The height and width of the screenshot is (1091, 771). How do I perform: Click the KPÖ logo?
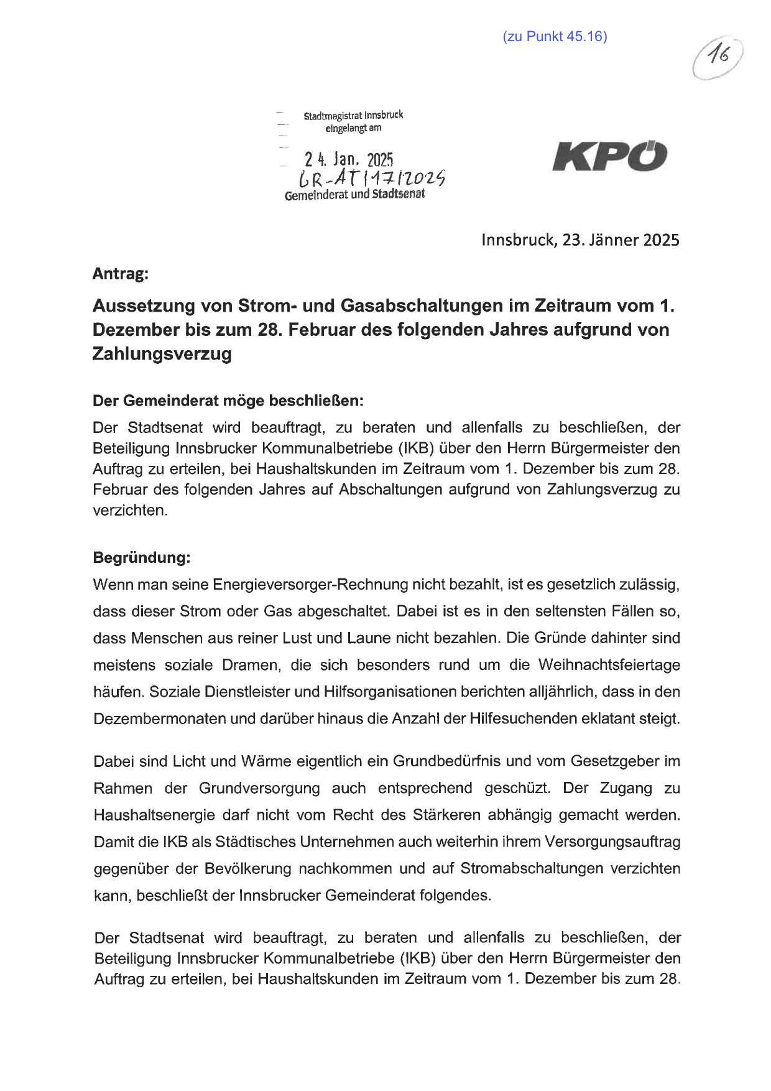609,156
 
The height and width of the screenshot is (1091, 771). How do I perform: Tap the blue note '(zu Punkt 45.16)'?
555,37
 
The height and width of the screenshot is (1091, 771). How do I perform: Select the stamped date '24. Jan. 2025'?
349,160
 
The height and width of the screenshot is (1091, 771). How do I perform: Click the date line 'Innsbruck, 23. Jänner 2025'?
580,240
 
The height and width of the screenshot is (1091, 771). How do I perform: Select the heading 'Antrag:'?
121,274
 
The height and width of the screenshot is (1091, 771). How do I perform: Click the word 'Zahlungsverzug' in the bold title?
162,354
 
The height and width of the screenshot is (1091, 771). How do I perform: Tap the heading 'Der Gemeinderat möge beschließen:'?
228,401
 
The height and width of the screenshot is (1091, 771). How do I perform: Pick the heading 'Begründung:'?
141,557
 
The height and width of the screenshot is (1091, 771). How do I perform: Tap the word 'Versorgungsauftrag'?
612,842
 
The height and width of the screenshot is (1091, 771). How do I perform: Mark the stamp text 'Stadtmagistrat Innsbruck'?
353,116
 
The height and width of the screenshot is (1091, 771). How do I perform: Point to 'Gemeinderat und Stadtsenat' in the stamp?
354,195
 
